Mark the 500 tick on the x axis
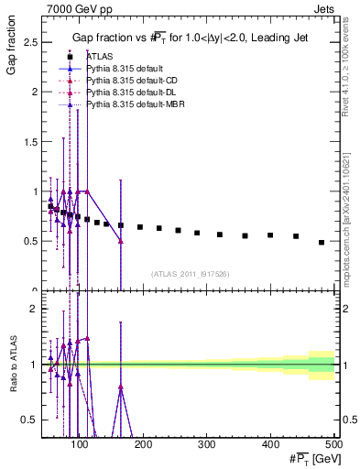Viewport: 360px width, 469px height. pos(333,445)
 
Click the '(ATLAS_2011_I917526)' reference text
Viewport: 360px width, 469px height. pos(191,274)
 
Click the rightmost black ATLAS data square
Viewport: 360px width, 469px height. pos(322,243)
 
